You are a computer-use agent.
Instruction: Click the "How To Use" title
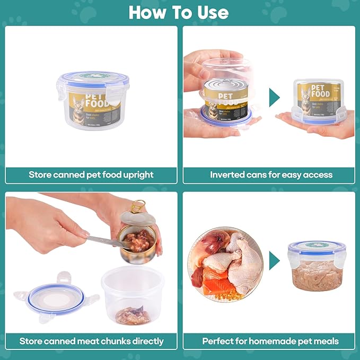pyautogui.click(x=179, y=12)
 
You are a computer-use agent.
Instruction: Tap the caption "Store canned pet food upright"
pyautogui.click(x=91, y=174)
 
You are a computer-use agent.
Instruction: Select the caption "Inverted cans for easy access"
pyautogui.click(x=271, y=174)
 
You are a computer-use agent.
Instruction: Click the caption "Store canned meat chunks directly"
pyautogui.click(x=91, y=341)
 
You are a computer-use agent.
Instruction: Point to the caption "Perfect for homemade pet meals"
pyautogui.click(x=270, y=341)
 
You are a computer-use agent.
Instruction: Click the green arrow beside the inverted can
pyautogui.click(x=274, y=98)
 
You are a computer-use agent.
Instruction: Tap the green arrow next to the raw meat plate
pyautogui.click(x=274, y=260)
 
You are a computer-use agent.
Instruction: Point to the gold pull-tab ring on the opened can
pyautogui.click(x=138, y=205)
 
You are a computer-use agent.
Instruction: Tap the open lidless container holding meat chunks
pyautogui.click(x=133, y=295)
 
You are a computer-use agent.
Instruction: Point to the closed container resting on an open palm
pyautogui.click(x=317, y=101)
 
